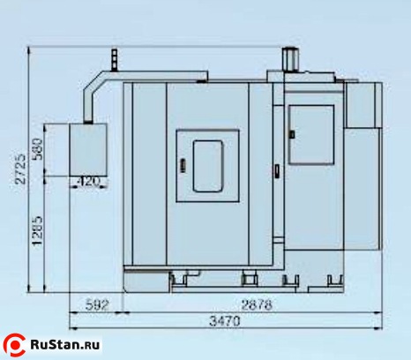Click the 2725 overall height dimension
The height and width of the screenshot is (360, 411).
coord(21,169)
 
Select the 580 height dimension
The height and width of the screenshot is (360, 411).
coord(38,149)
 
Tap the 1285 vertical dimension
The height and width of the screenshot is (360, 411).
coord(38,231)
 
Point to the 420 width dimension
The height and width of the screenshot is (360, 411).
coord(88,182)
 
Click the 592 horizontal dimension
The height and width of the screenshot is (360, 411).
coord(97,305)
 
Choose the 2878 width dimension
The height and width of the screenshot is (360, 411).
coord(257,304)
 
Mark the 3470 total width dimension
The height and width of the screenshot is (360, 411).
coord(225,321)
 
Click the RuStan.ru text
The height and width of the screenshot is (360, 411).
coord(65,344)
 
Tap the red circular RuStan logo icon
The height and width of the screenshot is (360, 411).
coord(14,345)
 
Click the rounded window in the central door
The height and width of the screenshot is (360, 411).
coord(207,166)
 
